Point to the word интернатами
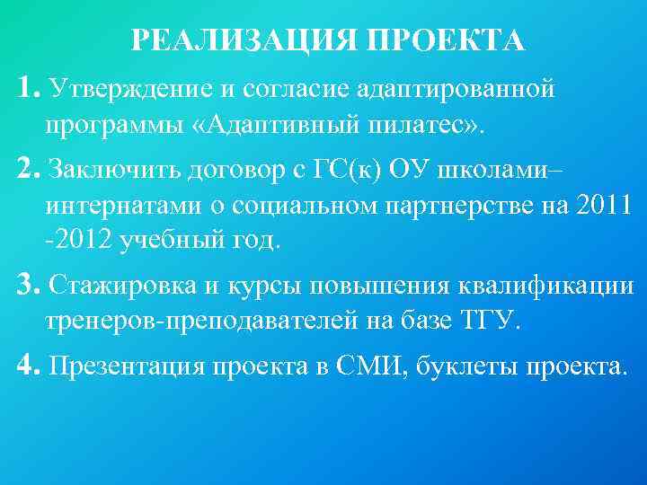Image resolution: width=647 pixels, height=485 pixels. (124, 205)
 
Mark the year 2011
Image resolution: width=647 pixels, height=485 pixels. (607, 205)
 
